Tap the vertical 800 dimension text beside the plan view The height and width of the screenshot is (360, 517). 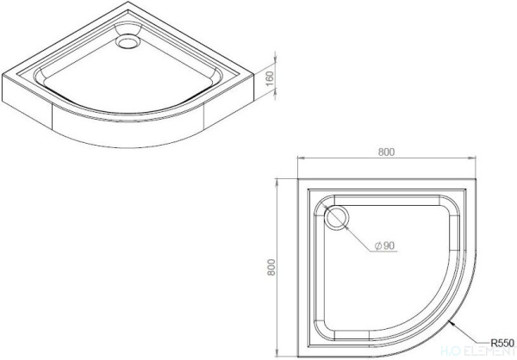(x=270, y=268)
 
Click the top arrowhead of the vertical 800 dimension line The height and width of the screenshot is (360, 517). (x=277, y=182)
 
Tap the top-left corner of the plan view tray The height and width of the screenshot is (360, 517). (x=298, y=180)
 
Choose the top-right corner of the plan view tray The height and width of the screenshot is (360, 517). (x=478, y=180)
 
